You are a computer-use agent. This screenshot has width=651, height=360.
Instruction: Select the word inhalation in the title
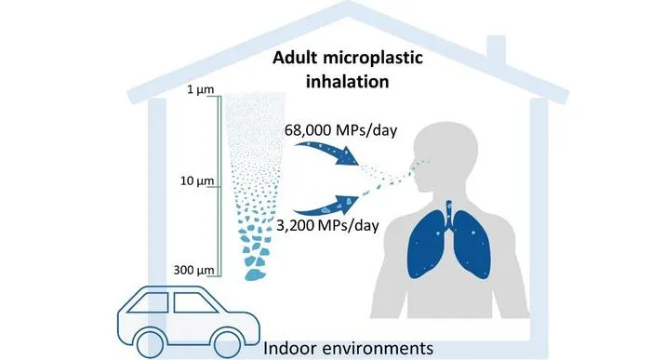point(348,81)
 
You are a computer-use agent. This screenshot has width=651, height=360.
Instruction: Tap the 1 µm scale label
point(200,89)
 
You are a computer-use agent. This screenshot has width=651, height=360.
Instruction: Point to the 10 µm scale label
point(197,180)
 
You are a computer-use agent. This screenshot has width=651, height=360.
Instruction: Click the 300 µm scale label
point(193,270)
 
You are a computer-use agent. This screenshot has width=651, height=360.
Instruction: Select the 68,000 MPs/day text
point(341,130)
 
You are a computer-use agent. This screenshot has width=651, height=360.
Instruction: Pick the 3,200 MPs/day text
point(327,225)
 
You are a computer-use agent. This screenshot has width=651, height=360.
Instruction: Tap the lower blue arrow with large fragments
point(328,206)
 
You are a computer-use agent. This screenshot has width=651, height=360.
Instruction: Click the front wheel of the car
point(228,343)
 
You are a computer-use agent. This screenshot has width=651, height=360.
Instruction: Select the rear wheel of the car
point(150,343)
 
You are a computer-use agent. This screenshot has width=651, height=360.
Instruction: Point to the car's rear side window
point(148,302)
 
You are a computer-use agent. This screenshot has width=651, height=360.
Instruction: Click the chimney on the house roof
point(497,51)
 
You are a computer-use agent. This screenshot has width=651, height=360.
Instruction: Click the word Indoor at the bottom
point(290,348)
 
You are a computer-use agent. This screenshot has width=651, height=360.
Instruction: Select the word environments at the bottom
point(377,349)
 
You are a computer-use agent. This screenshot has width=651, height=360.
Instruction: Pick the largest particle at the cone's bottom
point(255,274)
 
